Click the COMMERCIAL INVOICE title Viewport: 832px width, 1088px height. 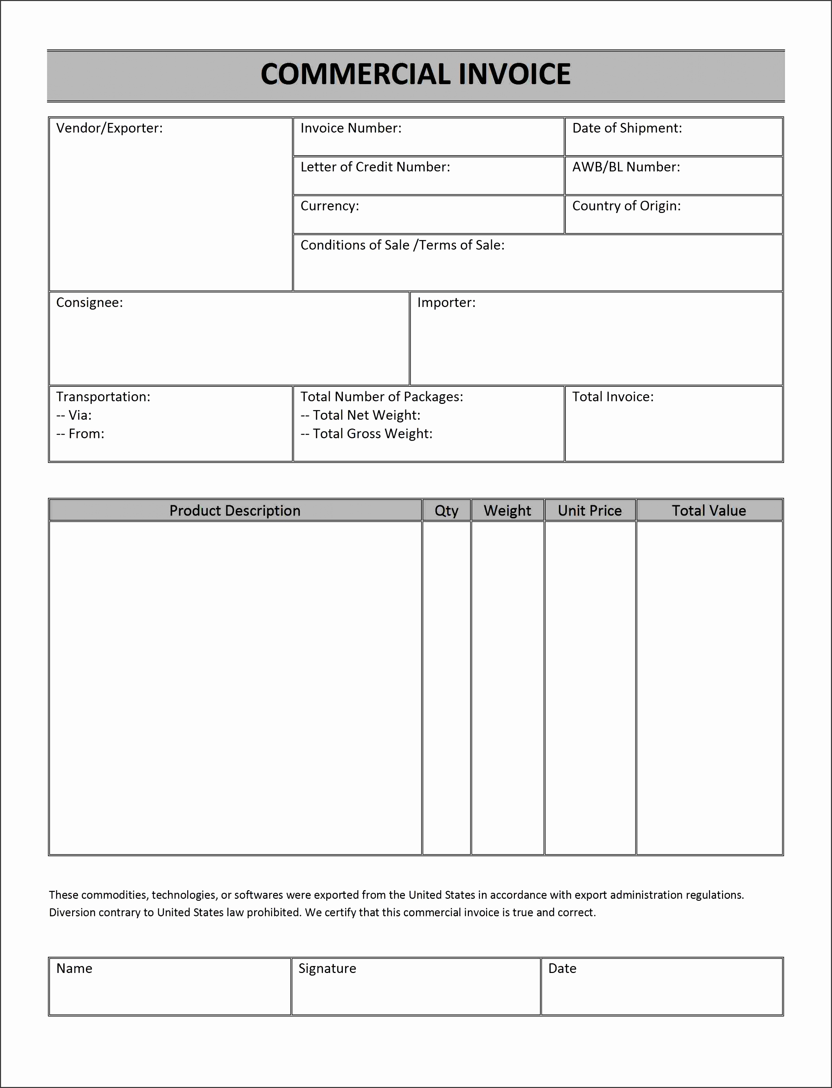[416, 74]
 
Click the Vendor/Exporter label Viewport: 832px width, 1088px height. [110, 128]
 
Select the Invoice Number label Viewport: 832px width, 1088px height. [351, 128]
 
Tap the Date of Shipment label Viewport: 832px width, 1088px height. [627, 128]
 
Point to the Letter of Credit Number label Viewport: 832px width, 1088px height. [375, 167]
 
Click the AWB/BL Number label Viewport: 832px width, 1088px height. [626, 167]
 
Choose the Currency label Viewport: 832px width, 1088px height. [329, 206]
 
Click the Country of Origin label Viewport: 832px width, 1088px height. [627, 206]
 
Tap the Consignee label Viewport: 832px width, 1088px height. [89, 303]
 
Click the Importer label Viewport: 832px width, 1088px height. [446, 303]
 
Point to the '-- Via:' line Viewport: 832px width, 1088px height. [74, 415]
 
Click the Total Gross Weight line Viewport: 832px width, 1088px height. [367, 434]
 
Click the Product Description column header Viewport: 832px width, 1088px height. [235, 510]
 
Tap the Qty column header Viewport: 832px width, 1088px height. [446, 510]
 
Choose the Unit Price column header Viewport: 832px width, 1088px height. [589, 510]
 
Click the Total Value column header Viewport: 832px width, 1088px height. [709, 510]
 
